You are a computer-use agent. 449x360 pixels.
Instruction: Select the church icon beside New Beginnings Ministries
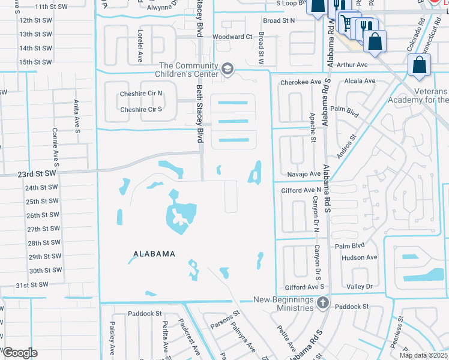(323, 303)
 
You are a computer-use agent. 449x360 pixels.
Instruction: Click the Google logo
(19, 353)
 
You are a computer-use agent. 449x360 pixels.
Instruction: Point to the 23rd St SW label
(36, 173)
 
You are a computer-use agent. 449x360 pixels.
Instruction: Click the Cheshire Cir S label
(141, 109)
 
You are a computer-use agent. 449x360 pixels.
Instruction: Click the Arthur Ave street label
(352, 65)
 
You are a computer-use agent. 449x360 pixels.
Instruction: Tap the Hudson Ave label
(359, 257)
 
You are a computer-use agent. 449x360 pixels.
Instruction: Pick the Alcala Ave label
(359, 81)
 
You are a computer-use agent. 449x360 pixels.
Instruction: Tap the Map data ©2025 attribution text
(423, 355)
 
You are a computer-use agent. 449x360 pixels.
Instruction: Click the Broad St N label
(279, 20)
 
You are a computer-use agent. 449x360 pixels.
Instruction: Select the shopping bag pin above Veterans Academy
(419, 65)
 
